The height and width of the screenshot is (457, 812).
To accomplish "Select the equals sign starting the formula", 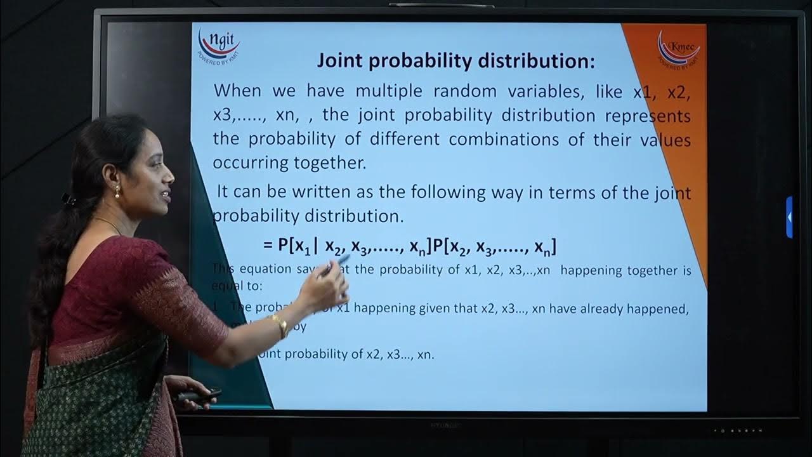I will (267, 246).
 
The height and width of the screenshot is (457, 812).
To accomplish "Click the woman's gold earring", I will (117, 191).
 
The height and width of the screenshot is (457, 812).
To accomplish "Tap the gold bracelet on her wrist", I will (280, 325).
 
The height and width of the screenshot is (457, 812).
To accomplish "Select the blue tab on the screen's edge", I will (789, 217).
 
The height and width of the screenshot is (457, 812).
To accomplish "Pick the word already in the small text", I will (596, 309).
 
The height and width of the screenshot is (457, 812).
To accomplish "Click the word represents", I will (648, 116).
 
